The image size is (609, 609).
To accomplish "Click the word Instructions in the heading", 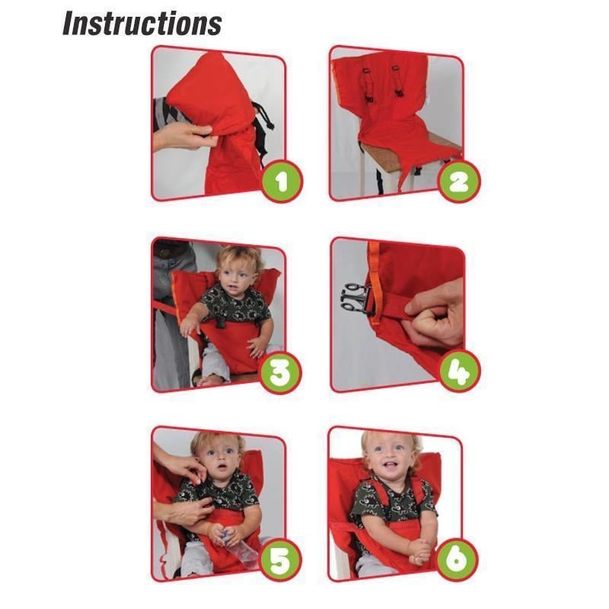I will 142,23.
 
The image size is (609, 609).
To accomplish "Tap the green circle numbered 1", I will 281,180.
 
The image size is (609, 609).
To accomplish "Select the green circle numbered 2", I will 459,180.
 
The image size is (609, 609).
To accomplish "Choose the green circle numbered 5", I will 281,561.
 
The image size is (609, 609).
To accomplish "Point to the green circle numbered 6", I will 459,561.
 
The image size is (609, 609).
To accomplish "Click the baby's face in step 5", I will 221,456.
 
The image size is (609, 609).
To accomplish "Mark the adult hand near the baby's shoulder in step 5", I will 180,464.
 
